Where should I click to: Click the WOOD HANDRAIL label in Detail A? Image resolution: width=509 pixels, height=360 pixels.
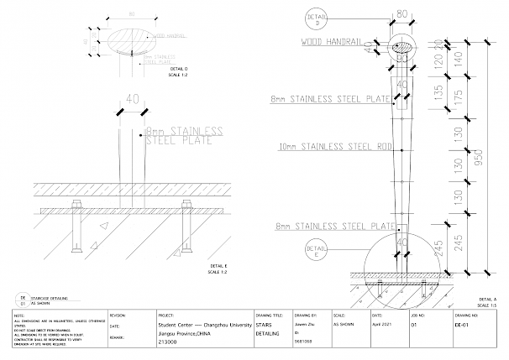336,39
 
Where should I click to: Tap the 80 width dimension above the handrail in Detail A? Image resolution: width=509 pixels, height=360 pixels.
401,13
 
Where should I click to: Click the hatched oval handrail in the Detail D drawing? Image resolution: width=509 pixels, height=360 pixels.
133,39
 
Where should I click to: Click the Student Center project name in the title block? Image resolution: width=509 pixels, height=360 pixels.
205,322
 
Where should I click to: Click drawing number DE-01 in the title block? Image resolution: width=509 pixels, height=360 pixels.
460,322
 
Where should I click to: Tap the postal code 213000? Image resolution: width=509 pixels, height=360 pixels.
169,342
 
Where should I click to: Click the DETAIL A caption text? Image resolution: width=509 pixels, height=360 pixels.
488,299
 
